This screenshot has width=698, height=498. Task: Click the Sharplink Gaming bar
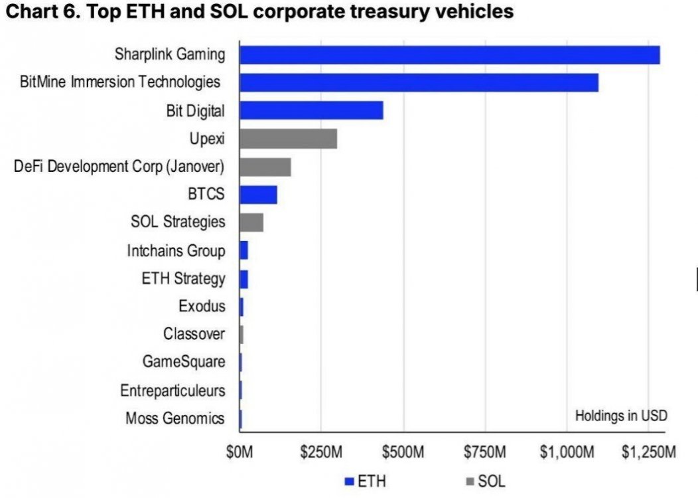pos(449,54)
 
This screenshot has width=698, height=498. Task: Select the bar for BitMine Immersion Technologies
pos(419,82)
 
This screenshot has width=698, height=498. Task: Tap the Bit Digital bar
pos(311,110)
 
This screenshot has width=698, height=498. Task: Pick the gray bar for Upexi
pos(288,139)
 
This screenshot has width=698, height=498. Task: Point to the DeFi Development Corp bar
pos(265,167)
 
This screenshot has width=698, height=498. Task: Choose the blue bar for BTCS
pos(258,195)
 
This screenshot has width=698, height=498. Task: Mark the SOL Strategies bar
pos(251,222)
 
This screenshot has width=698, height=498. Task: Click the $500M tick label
pos(402,454)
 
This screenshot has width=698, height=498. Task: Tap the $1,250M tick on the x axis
pos(649,454)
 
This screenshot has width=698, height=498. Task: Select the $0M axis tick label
pos(240,454)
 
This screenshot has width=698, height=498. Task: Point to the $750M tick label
pos(484,454)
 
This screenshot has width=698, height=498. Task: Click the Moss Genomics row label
pos(174,418)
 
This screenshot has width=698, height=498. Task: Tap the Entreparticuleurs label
pos(173,390)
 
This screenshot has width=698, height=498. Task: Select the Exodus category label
pos(202,307)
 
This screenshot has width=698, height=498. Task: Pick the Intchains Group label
pos(176,251)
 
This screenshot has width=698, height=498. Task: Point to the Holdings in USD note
pos(620,416)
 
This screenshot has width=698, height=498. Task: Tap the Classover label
pos(194,334)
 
